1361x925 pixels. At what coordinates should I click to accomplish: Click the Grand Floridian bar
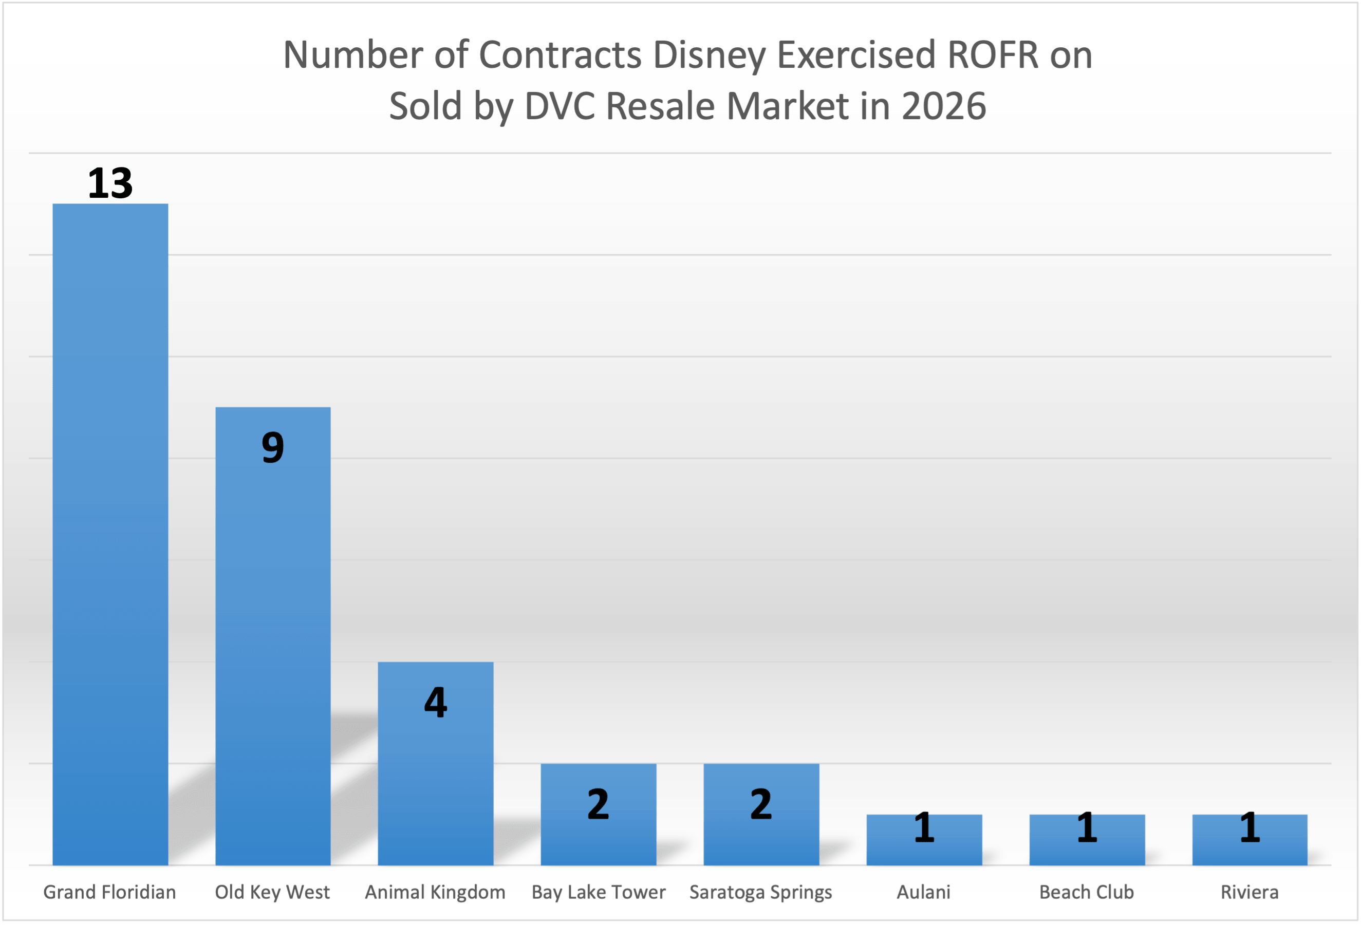(x=110, y=534)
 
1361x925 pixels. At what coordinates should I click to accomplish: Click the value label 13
(x=110, y=183)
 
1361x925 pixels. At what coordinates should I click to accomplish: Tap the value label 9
(x=273, y=448)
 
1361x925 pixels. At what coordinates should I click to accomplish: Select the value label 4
(x=435, y=702)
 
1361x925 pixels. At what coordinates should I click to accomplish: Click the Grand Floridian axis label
(x=109, y=892)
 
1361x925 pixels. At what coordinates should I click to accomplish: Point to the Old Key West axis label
(x=272, y=892)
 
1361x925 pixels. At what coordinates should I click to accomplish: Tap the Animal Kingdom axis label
(x=435, y=892)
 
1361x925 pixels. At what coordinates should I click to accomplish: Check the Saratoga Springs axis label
(x=760, y=892)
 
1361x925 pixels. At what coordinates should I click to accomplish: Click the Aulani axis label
(x=924, y=892)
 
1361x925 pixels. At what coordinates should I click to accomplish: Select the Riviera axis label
(x=1249, y=892)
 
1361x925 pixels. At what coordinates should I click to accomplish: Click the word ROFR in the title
(x=992, y=54)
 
